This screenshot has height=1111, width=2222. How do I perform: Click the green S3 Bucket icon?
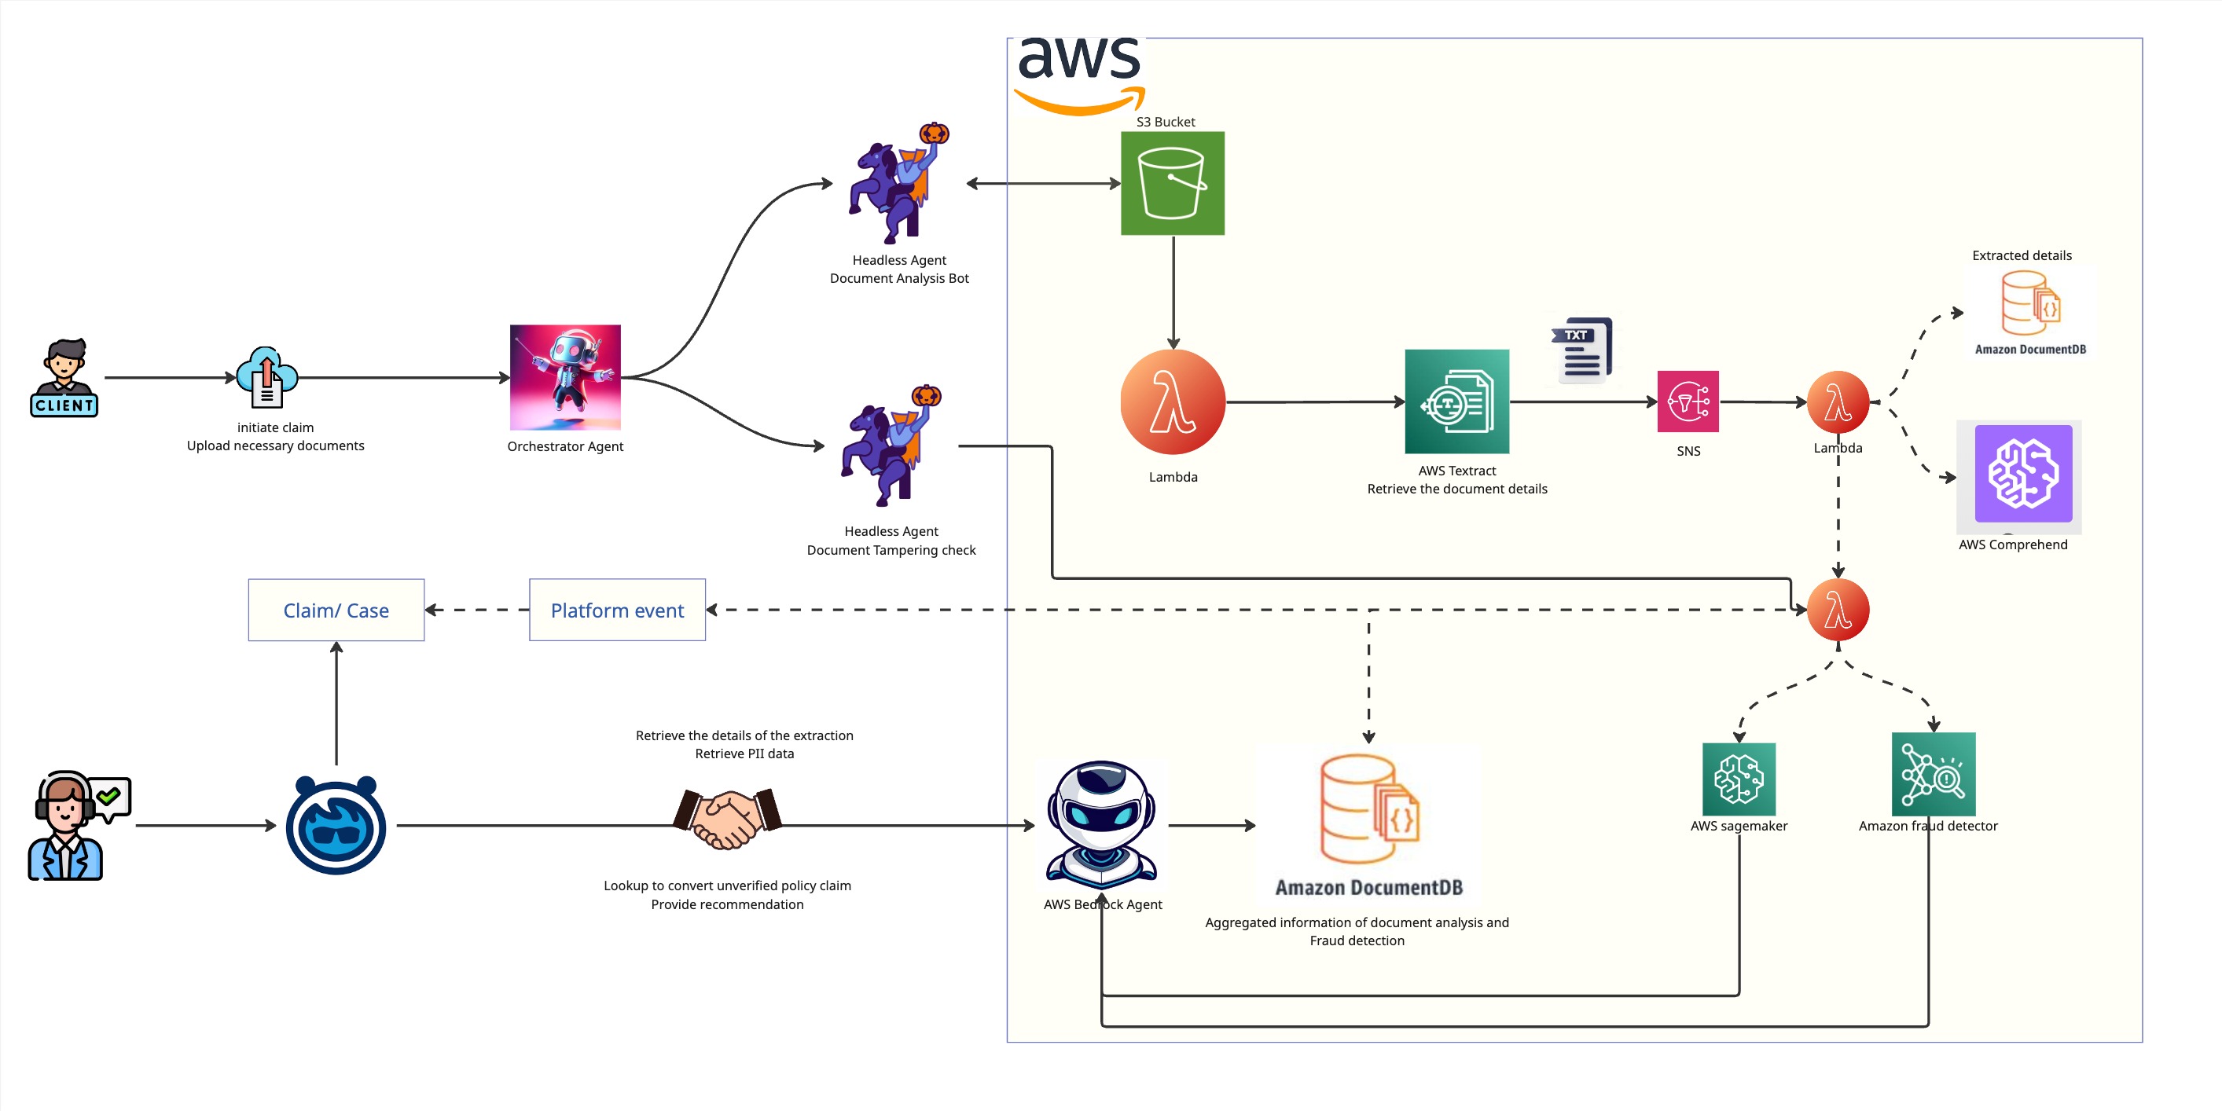1172,183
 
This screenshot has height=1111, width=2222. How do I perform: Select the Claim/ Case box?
336,610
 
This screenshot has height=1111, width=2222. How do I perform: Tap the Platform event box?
617,610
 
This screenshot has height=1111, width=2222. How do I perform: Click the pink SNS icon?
1688,401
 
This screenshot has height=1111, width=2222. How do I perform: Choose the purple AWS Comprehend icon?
2022,474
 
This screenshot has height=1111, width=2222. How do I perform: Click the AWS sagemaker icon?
1738,778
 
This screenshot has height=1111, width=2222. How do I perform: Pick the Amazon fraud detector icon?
1933,774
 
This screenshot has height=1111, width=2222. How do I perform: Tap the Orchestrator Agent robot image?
565,377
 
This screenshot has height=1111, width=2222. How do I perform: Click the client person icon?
64,377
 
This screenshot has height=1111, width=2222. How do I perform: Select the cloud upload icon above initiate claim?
266,376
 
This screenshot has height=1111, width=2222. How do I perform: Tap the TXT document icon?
1582,350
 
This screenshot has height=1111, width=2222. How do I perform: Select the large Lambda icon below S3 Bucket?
1172,402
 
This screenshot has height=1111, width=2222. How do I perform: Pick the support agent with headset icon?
73,825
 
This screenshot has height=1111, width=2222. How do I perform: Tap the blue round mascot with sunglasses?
336,826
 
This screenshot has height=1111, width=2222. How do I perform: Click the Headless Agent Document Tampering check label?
891,541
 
